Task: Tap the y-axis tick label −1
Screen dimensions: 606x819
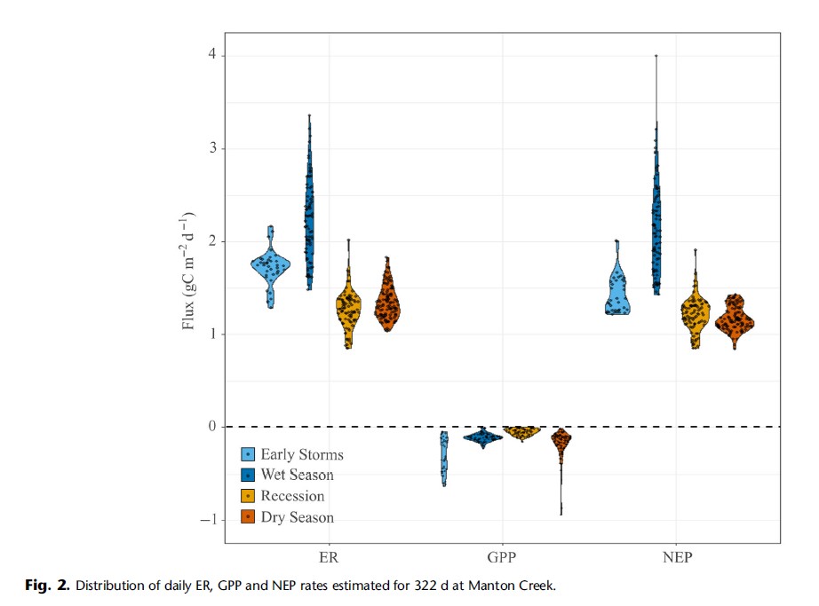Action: (x=210, y=520)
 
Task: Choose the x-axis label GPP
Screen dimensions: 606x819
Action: (x=502, y=559)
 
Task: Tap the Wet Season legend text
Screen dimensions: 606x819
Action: (x=297, y=476)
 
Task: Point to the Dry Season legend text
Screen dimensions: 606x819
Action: (x=297, y=518)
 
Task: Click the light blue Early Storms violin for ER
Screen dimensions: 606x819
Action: (x=271, y=266)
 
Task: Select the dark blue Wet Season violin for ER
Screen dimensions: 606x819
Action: (x=309, y=213)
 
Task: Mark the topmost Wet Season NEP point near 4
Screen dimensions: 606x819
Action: (x=656, y=56)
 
